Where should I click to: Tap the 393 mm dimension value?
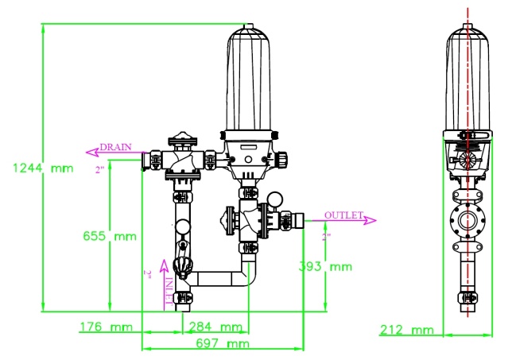325,266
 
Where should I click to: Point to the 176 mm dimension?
106,327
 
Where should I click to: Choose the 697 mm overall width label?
221,343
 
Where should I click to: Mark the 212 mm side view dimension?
408,329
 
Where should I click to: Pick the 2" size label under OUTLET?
325,236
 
